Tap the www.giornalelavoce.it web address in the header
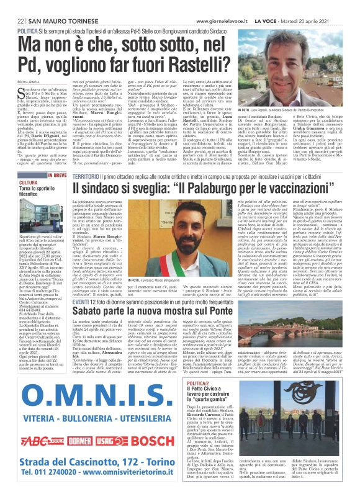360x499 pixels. [224, 4]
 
